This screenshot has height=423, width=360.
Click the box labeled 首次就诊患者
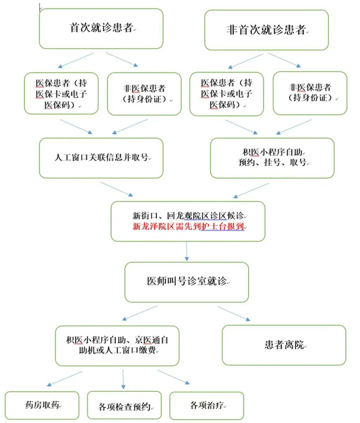tap(101, 28)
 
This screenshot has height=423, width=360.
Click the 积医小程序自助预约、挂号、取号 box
tap(272, 157)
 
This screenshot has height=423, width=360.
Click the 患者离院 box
tap(284, 345)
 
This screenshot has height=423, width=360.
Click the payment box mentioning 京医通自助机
tap(118, 345)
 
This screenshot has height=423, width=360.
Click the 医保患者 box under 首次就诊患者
tap(62, 93)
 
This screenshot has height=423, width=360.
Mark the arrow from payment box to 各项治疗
tap(175, 379)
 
